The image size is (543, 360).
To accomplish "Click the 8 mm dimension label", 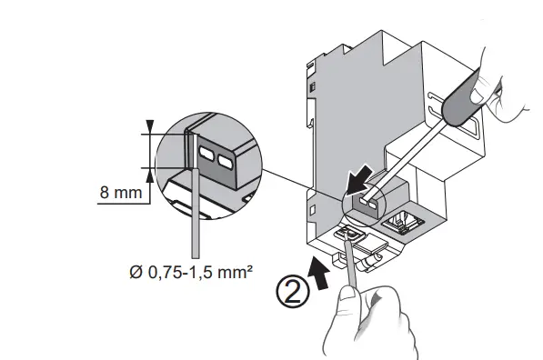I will (117, 193).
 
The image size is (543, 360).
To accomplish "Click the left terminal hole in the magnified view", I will (206, 155).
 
